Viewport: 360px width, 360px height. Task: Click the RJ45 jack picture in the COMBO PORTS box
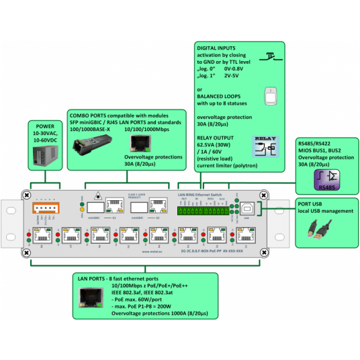pos(140,142)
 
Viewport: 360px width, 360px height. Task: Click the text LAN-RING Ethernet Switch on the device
pos(201,193)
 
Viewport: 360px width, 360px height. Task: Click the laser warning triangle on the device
pos(99,195)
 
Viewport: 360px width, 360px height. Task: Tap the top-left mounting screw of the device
pos(26,195)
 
